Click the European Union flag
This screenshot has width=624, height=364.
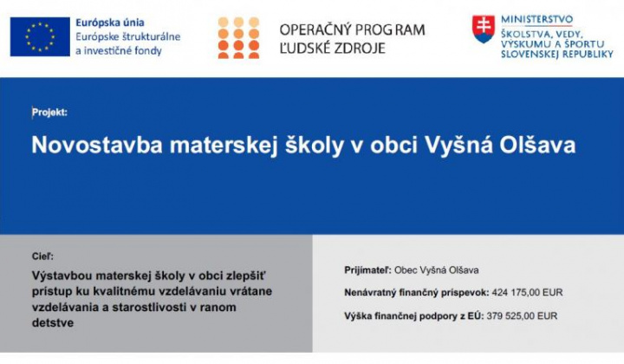[x=40, y=36]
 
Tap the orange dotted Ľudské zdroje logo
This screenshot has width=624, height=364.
[x=238, y=36]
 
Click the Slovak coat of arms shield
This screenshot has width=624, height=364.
[x=483, y=29]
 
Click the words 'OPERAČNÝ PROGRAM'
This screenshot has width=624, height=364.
[x=352, y=29]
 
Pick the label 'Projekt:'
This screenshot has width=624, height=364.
[x=49, y=112]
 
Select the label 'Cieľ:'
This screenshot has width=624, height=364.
[x=41, y=257]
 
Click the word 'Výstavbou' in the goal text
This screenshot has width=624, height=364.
[x=65, y=275]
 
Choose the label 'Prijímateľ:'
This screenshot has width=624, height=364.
[x=367, y=270]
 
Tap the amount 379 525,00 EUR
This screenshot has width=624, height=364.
[x=521, y=316]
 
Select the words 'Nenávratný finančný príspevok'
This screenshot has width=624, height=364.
[x=416, y=293]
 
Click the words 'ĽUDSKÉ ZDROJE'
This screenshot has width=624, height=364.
[x=333, y=49]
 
